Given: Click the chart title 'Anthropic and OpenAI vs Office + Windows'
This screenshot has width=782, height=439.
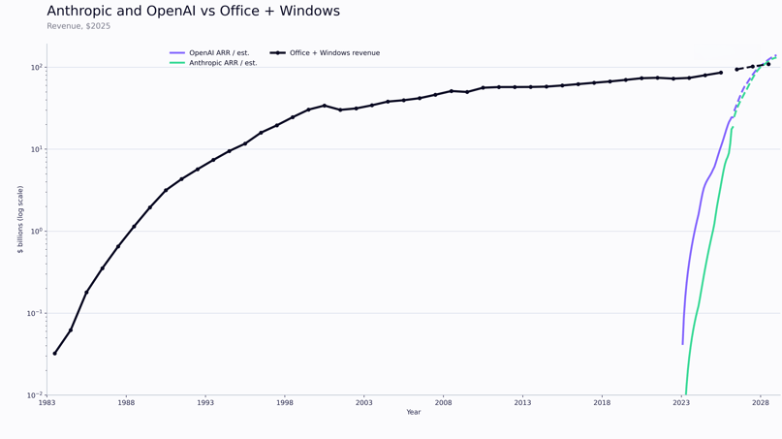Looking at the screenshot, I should (194, 12).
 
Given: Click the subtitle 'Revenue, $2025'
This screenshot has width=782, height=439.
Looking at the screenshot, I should (78, 26).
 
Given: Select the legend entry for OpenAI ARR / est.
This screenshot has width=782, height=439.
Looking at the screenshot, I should (218, 53).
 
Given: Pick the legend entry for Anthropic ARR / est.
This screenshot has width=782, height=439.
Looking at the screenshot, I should (222, 63).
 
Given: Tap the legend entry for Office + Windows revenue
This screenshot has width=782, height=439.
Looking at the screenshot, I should (334, 53).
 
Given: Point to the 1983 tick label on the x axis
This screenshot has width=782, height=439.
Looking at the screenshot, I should (47, 402).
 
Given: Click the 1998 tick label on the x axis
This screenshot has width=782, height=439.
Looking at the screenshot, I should (285, 402).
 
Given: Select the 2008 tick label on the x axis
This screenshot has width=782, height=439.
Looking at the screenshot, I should (443, 402).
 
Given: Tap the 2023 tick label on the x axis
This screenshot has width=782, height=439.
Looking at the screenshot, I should (681, 402).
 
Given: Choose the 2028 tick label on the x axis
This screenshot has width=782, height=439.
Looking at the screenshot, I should (760, 402).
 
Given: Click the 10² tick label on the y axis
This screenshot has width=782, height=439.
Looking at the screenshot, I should (36, 68).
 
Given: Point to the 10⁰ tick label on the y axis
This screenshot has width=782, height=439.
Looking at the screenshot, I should (36, 232).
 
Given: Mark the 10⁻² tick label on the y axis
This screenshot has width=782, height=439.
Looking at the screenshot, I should (35, 395).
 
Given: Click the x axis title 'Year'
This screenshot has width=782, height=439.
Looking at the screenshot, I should (414, 413).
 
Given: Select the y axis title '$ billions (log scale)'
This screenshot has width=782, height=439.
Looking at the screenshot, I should (20, 219).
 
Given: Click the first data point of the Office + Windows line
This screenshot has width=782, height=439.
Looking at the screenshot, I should (54, 354).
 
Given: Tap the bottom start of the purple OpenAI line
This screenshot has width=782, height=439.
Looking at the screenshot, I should (682, 343).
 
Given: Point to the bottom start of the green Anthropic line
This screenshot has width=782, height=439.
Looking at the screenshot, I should (686, 393).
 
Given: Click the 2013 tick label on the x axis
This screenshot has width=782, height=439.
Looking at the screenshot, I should (522, 402).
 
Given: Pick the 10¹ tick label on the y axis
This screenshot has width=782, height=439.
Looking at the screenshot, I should (36, 149).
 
